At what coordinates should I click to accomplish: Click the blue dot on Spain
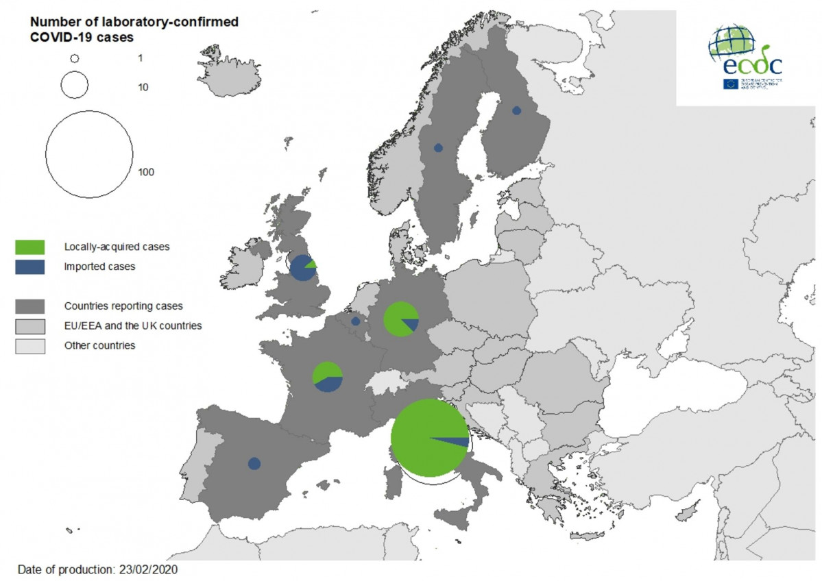pyautogui.click(x=254, y=464)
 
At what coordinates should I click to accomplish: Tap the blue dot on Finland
pyautogui.click(x=517, y=110)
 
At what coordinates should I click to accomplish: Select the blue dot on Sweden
pyautogui.click(x=438, y=147)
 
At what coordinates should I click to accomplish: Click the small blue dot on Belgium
pyautogui.click(x=355, y=321)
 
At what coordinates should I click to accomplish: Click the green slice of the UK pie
pyautogui.click(x=311, y=264)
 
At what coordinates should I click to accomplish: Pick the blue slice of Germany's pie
pyautogui.click(x=411, y=324)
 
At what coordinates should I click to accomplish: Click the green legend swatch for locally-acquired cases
pyautogui.click(x=30, y=247)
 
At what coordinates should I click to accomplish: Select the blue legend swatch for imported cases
pyautogui.click(x=30, y=267)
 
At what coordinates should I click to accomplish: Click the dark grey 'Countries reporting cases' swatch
pyautogui.click(x=30, y=306)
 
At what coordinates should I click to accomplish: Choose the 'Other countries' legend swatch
pyautogui.click(x=30, y=346)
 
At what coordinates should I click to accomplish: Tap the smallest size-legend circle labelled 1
pyautogui.click(x=75, y=59)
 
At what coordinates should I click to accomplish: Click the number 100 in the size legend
pyautogui.click(x=145, y=171)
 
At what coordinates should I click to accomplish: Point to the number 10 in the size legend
pyautogui.click(x=143, y=87)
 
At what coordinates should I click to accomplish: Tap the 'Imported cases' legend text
pyautogui.click(x=99, y=267)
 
